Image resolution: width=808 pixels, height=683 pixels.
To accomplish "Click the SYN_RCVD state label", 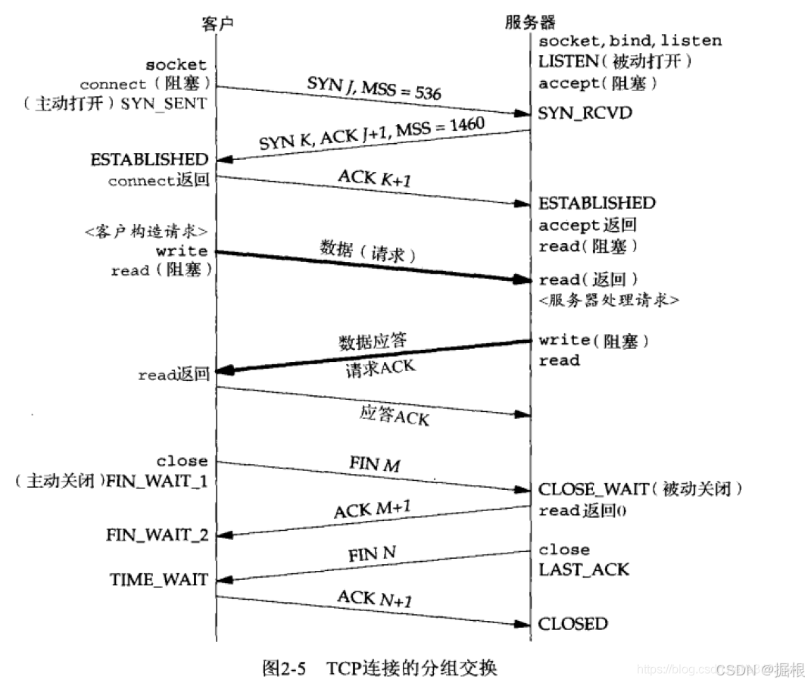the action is (585, 113).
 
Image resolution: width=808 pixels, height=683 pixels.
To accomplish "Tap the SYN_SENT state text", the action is (164, 104).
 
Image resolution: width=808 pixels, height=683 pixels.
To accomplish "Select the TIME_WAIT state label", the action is (159, 579).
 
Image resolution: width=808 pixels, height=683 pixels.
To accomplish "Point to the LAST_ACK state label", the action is (583, 569).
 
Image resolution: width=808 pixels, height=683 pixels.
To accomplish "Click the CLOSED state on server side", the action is (572, 624).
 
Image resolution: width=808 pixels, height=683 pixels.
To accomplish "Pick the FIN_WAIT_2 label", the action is (158, 535).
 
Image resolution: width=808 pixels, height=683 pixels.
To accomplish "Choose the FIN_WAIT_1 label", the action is (157, 481).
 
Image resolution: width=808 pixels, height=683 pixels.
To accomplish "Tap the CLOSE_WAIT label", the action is (593, 489).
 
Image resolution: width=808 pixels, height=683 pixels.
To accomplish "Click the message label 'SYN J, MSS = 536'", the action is (374, 88).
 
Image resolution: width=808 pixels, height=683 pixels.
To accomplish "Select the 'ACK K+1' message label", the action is (375, 178).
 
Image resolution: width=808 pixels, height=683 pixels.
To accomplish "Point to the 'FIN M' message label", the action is (375, 463).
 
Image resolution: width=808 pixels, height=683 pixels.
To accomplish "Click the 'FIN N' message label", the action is (372, 554).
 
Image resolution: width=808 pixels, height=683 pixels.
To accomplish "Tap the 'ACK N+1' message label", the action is (375, 598).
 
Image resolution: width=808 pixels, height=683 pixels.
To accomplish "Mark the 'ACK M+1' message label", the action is (372, 509).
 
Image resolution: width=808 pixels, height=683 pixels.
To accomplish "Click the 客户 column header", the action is (217, 23).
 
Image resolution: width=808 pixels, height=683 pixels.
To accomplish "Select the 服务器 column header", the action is (530, 22).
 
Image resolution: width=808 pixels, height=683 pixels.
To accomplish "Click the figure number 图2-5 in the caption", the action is (284, 668).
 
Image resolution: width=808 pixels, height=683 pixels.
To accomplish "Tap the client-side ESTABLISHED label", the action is (149, 160).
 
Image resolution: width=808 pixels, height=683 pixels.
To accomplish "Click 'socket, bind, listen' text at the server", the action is (630, 41).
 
